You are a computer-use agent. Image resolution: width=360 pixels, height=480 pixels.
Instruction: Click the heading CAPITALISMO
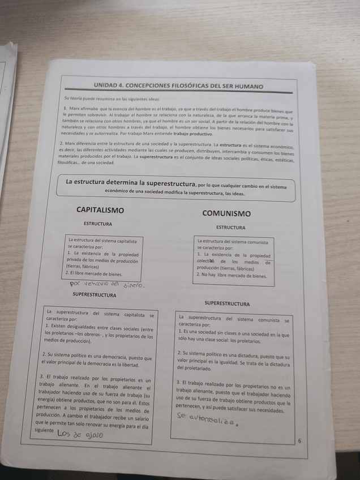tap(100, 210)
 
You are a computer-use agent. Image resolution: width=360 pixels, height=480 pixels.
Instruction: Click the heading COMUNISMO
tap(226, 213)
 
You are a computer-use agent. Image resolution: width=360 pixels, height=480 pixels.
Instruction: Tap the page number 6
tap(299, 441)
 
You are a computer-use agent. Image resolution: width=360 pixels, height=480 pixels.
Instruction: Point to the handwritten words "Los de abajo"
tap(80, 434)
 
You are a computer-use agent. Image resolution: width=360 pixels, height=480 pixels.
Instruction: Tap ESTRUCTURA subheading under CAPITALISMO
tap(98, 224)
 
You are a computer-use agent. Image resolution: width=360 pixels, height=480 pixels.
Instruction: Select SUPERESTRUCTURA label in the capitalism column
tap(95, 295)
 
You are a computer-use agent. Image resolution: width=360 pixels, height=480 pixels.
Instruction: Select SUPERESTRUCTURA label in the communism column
tap(227, 304)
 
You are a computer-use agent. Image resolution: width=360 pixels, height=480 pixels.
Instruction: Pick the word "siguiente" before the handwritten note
tap(45, 431)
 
